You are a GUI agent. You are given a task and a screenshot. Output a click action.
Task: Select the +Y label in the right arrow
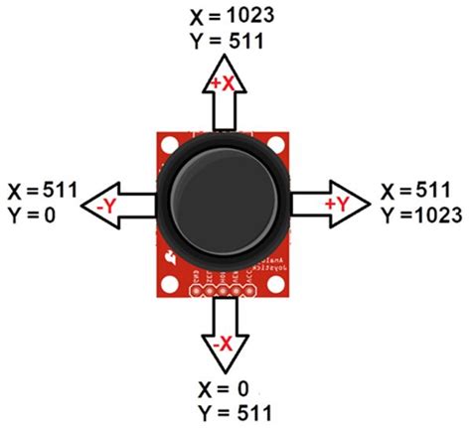coord(335,204)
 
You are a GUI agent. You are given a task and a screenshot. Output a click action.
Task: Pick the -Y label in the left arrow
coord(107,205)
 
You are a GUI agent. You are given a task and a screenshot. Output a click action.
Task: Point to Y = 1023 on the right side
coord(421,214)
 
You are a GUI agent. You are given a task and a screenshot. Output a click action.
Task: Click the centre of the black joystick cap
coord(226,199)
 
